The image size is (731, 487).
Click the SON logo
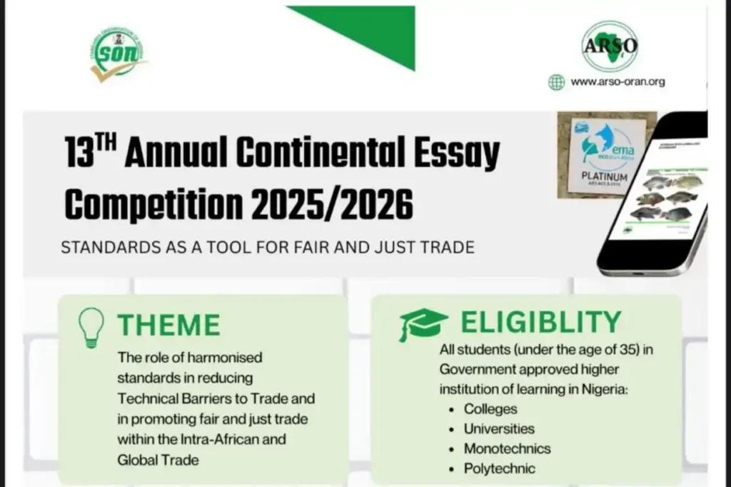click(x=118, y=54)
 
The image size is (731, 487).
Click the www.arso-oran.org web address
click(x=617, y=81)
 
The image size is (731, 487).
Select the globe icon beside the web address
click(x=556, y=81)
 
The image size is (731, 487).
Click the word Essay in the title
click(x=458, y=153)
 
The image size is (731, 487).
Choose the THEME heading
click(x=169, y=325)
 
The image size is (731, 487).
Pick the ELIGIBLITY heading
click(x=540, y=323)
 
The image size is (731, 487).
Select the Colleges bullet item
click(x=490, y=409)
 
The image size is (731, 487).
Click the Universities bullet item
click(x=499, y=429)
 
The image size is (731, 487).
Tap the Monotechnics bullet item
click(x=507, y=449)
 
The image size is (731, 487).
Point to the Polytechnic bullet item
click(x=500, y=469)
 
